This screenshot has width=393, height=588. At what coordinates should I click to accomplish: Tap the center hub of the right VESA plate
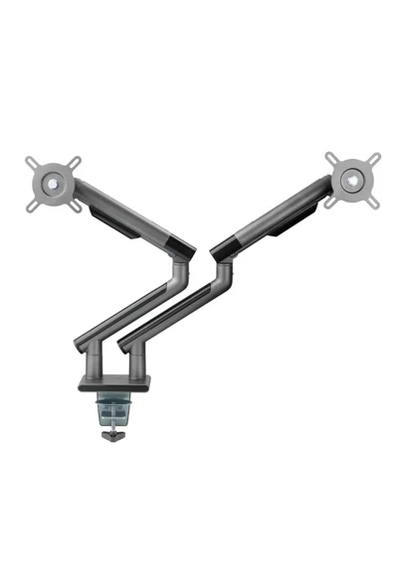[x=350, y=182]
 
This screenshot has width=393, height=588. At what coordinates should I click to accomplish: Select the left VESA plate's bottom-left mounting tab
[x=30, y=206]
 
